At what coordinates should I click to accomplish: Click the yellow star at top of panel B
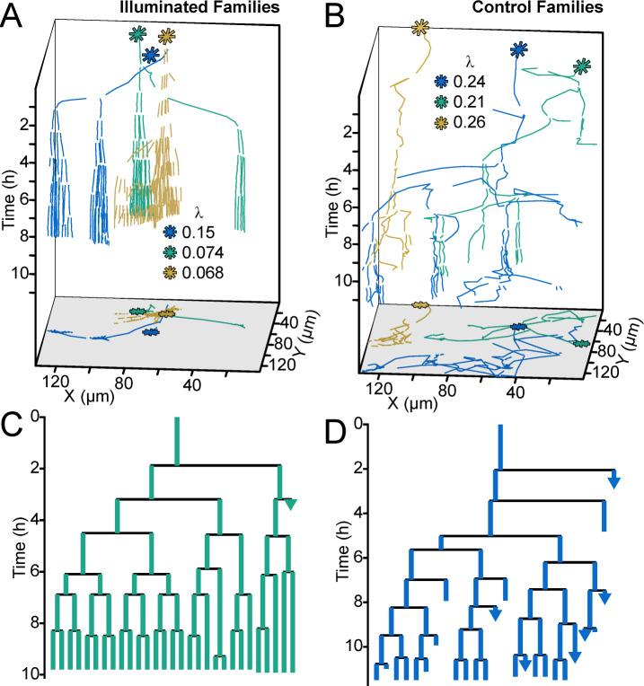click(x=419, y=29)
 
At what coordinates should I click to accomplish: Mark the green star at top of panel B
click(x=583, y=66)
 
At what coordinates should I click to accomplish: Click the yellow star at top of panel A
click(x=166, y=37)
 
